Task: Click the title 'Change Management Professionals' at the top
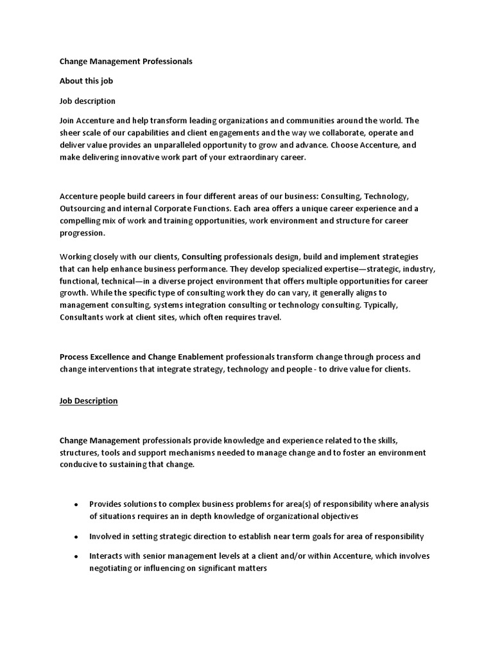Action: tap(126, 62)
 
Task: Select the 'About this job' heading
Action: tap(87, 81)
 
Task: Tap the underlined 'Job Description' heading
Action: tap(89, 401)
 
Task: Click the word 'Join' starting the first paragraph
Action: tap(67, 121)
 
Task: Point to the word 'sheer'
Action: tap(71, 133)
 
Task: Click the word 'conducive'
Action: tap(80, 465)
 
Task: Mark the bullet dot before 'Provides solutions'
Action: tap(77, 505)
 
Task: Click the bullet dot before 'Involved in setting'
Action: tap(77, 536)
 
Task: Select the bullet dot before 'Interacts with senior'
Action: tap(77, 556)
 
